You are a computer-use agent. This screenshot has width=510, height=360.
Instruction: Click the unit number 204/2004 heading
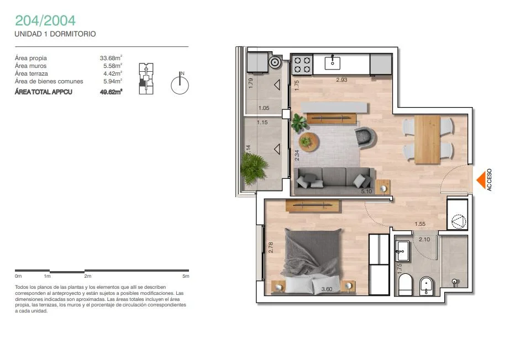pyautogui.click(x=45, y=20)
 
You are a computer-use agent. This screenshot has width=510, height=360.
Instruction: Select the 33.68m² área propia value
pyautogui.click(x=111, y=58)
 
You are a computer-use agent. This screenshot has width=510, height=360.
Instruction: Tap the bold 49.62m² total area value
pyautogui.click(x=111, y=92)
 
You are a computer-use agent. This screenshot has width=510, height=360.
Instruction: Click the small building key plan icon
pyautogui.click(x=146, y=78)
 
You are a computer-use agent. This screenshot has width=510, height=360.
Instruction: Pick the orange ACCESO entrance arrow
pyautogui.click(x=481, y=179)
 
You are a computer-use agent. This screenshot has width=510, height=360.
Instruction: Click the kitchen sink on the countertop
pyautogui.click(x=333, y=63)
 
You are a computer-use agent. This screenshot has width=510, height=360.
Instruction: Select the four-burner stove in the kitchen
pyautogui.click(x=302, y=65)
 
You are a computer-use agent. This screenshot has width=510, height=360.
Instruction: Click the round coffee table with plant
pyautogui.click(x=308, y=142)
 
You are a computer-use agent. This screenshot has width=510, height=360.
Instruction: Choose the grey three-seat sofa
pyautogui.click(x=334, y=181)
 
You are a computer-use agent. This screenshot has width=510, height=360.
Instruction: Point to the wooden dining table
pyautogui.click(x=427, y=140)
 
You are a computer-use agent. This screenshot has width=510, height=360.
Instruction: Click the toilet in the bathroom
pyautogui.click(x=405, y=284)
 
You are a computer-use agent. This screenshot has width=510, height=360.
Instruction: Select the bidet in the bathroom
pyautogui.click(x=426, y=286)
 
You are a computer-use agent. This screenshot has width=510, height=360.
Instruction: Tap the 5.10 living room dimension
pyautogui.click(x=366, y=192)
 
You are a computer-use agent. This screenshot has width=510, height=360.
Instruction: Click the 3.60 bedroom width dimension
pyautogui.click(x=327, y=289)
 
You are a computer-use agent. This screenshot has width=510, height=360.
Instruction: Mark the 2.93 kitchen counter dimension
pyautogui.click(x=341, y=80)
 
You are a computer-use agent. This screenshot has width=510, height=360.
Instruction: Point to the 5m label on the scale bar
pyautogui.click(x=186, y=276)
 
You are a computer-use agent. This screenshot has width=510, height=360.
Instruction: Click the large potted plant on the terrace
pyautogui.click(x=254, y=168)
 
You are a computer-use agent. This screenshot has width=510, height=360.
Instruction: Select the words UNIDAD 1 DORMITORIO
pyautogui.click(x=55, y=34)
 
